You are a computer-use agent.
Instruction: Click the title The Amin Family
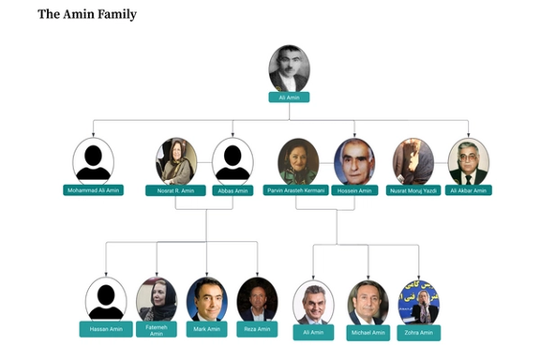tap(87, 15)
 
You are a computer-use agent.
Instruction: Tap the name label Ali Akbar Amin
tap(468, 190)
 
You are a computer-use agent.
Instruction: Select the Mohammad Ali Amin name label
tap(93, 190)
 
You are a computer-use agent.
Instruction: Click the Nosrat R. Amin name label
tap(175, 190)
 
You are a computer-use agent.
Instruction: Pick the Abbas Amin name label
tap(232, 190)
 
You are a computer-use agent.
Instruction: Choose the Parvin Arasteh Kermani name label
tap(296, 190)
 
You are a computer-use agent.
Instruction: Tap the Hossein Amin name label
tap(353, 190)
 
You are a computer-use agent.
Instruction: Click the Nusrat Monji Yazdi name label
tap(412, 190)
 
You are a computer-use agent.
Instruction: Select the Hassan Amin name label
tap(105, 329)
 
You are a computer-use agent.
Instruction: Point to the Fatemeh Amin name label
tap(157, 330)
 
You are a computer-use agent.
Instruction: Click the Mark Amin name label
tap(206, 329)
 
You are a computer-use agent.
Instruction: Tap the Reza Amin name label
tap(257, 329)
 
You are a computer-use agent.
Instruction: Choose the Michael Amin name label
tap(367, 332)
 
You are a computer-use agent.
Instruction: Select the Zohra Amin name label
tap(418, 332)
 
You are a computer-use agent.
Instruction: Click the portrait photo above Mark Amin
tap(206, 299)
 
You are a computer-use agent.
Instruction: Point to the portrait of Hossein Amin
tap(353, 161)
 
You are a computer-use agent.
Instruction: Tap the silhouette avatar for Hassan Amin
tap(105, 299)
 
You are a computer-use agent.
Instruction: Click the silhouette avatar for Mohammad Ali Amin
tap(93, 161)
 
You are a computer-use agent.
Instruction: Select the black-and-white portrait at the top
tap(289, 68)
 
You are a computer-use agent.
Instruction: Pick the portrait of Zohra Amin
tap(418, 302)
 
